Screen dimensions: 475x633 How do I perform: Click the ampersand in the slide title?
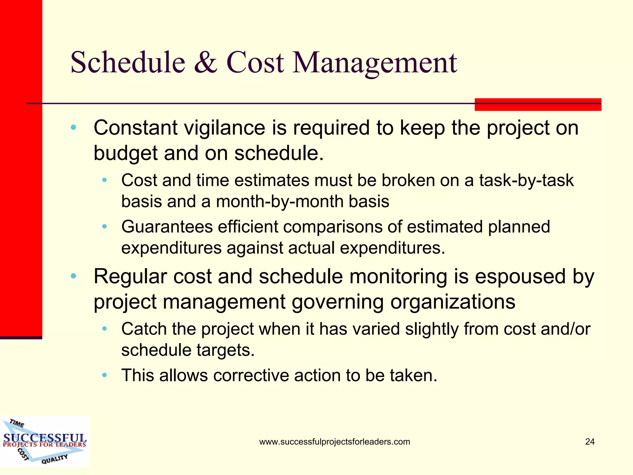pyautogui.click(x=206, y=63)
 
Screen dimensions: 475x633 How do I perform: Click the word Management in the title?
pyautogui.click(x=375, y=63)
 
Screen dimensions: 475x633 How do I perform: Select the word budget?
pyautogui.click(x=125, y=153)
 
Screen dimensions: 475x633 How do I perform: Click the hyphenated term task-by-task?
pyautogui.click(x=526, y=180)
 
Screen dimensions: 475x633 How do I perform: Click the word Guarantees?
pyautogui.click(x=167, y=227)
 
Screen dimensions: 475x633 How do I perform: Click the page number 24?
pyautogui.click(x=590, y=442)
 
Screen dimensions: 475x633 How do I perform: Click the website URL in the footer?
pyautogui.click(x=334, y=442)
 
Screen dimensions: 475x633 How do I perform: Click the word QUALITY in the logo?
pyautogui.click(x=54, y=459)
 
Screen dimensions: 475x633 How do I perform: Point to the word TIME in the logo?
pyautogui.click(x=17, y=423)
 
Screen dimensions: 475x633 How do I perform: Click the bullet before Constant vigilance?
pyautogui.click(x=73, y=128)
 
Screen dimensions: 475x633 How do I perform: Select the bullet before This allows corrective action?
pyautogui.click(x=104, y=375)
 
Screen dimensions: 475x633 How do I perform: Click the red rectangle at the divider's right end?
pyautogui.click(x=538, y=105)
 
